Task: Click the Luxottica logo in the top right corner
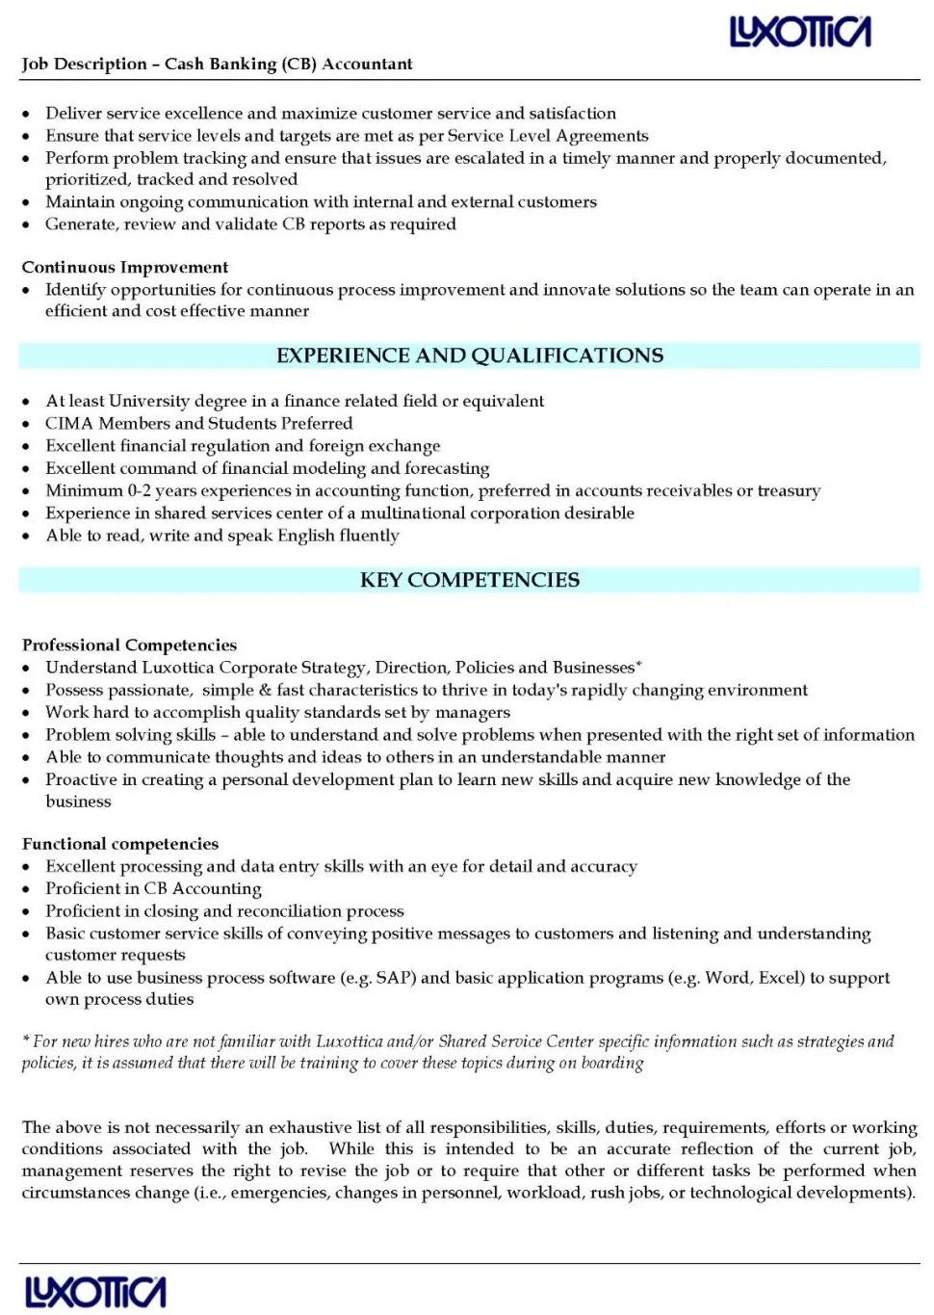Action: (x=800, y=33)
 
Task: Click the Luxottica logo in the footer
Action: (x=95, y=1292)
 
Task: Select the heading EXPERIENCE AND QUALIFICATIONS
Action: (x=469, y=355)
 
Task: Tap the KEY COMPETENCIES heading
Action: (x=469, y=580)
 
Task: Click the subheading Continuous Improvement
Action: (x=125, y=267)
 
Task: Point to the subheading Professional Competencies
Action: (x=129, y=644)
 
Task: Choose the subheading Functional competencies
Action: (x=120, y=844)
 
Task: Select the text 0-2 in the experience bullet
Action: (x=140, y=490)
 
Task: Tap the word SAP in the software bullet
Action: (x=395, y=978)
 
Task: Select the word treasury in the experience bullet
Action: (x=789, y=490)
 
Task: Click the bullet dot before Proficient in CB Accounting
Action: (x=27, y=889)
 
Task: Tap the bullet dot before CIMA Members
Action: (x=27, y=424)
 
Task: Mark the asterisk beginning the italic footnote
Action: (x=26, y=1040)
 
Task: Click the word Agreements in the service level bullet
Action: (x=602, y=136)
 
